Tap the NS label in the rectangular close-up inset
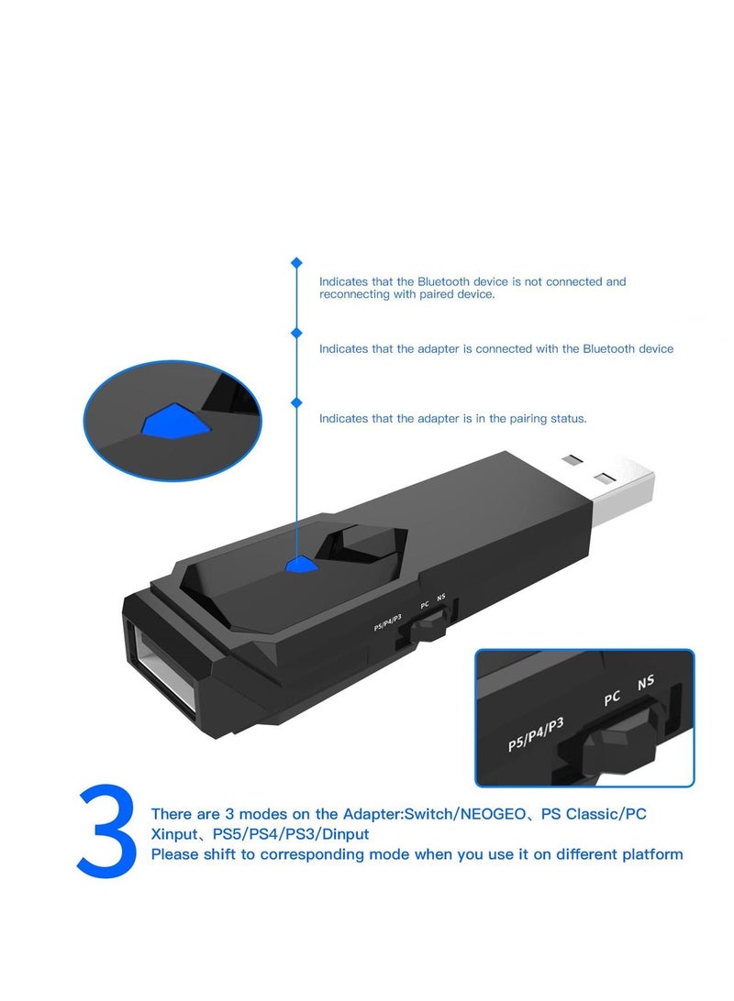(646, 683)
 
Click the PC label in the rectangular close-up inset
(612, 698)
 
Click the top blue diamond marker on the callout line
(296, 263)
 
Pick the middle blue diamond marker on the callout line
(296, 333)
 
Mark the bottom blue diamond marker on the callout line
(296, 401)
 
